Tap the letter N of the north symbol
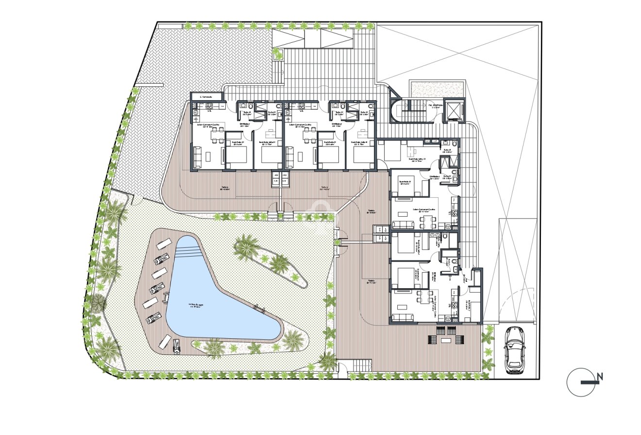pyautogui.click(x=600, y=376)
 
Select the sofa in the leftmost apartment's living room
pyautogui.click(x=197, y=157)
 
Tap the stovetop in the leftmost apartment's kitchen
pyautogui.click(x=210, y=105)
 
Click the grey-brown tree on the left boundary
pyautogui.click(x=98, y=303)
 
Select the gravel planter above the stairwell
pyautogui.click(x=436, y=88)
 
